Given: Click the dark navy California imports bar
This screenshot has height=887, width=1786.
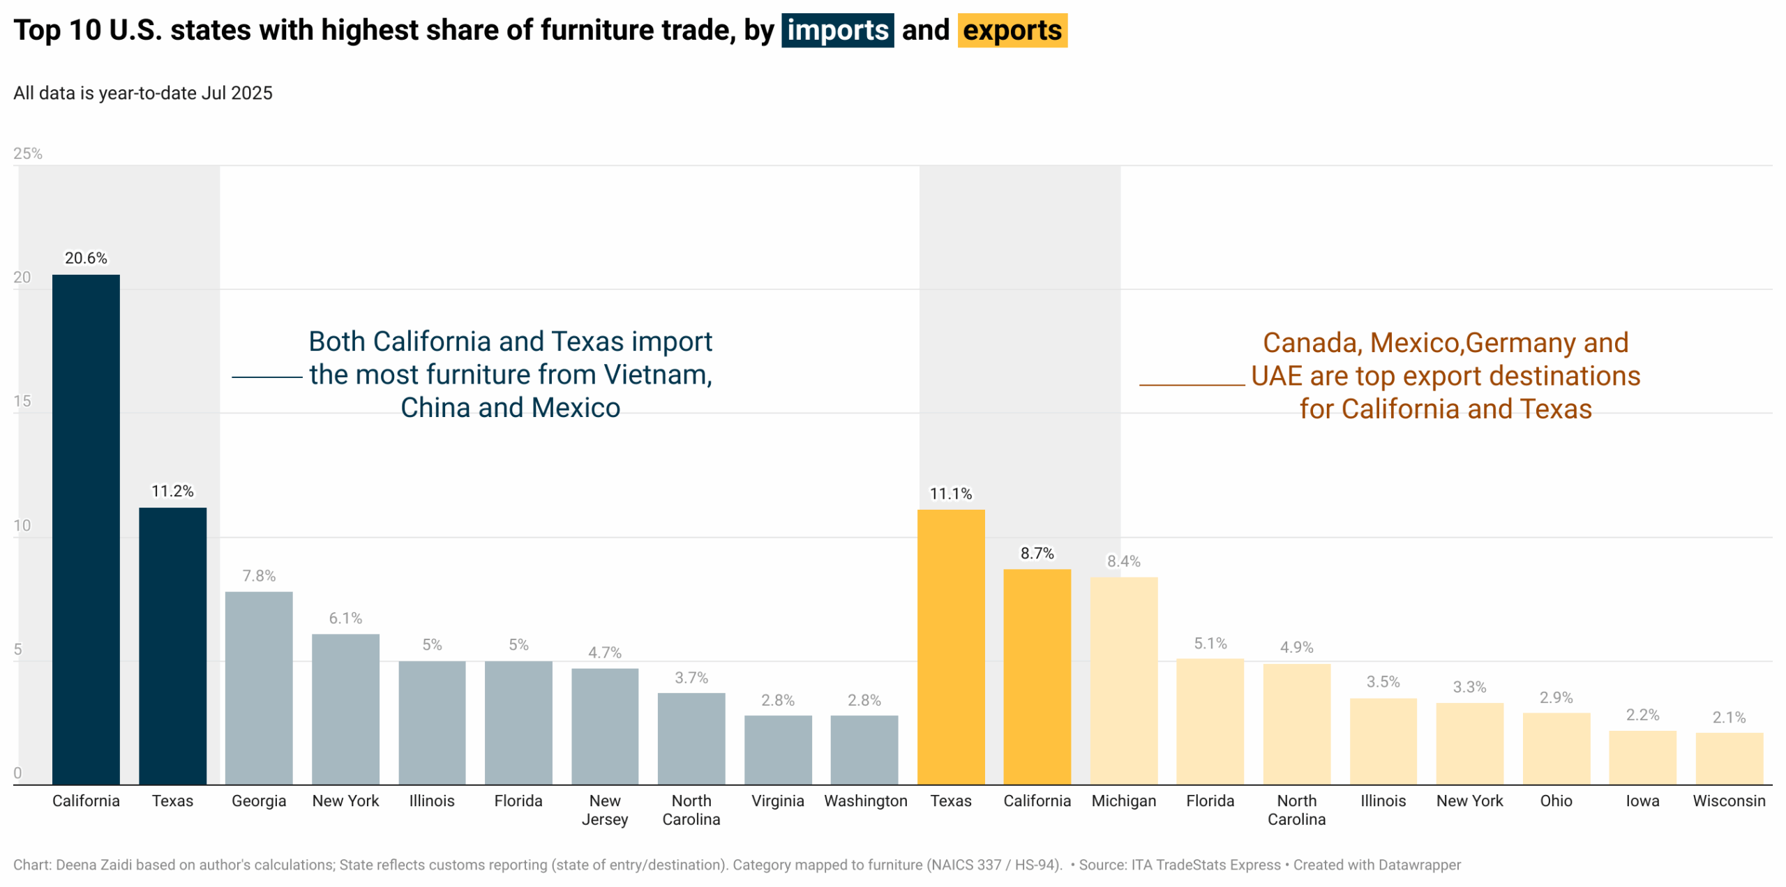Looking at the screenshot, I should click(x=86, y=530).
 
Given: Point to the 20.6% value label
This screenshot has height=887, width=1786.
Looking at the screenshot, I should click(x=86, y=258).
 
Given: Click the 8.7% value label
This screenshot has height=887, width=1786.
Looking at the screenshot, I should click(x=1037, y=554).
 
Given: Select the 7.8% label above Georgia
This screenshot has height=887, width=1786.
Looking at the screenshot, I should click(x=259, y=576).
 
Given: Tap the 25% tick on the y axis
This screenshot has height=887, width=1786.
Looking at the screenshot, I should click(x=28, y=153).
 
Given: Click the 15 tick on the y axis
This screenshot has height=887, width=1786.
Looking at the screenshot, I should click(x=22, y=401).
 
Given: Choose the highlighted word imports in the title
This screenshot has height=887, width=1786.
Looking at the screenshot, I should click(x=837, y=31).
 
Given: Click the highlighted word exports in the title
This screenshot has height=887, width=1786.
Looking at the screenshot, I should click(x=1012, y=31).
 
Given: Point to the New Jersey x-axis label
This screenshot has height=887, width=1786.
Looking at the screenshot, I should click(x=604, y=810).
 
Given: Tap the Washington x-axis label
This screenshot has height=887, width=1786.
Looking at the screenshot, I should click(x=865, y=801).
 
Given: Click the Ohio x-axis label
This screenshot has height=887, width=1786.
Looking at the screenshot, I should click(x=1556, y=801).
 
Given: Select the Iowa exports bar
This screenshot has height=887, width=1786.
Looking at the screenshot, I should click(x=1642, y=758).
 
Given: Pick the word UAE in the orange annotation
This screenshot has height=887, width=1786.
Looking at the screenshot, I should click(x=1276, y=377).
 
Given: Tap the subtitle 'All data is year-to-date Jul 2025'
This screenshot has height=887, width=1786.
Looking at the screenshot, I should click(x=143, y=93).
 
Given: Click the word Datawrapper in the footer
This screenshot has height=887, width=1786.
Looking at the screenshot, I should click(x=1419, y=865).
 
